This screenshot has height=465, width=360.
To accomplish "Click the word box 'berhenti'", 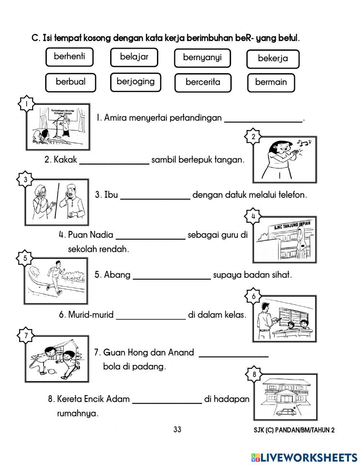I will (69, 57).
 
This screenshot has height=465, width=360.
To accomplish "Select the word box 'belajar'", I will (134, 57).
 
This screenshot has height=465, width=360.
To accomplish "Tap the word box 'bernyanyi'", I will (202, 58).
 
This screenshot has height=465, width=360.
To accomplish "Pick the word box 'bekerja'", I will (273, 59).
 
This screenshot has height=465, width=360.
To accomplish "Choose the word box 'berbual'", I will (71, 82).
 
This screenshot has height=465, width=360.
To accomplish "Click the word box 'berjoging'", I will (135, 82).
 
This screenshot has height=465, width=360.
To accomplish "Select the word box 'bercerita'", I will (203, 82).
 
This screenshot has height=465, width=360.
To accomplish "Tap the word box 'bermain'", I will (271, 82).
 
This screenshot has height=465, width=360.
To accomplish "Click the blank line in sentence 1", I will (263, 119).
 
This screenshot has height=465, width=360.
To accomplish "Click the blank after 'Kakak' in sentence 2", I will (114, 161).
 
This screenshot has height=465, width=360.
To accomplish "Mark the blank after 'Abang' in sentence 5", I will (172, 276).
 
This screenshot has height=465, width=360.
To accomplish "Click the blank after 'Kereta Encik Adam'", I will (167, 400).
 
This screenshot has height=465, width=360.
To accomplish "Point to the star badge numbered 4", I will (253, 216).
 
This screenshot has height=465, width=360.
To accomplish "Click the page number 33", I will (177, 429).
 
